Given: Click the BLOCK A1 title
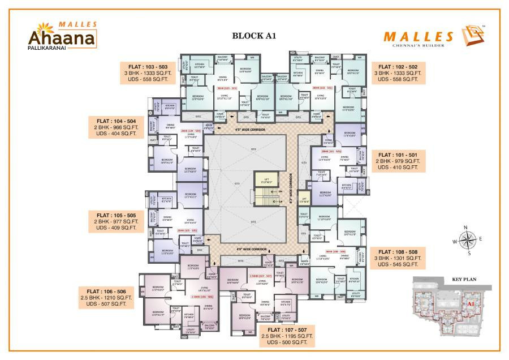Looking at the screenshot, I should point(253,35).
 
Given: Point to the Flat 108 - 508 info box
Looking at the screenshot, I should point(399,257).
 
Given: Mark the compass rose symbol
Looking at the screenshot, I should point(468,240).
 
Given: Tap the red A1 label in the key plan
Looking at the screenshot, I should point(470,304).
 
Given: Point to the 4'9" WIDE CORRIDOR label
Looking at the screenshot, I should point(251,249).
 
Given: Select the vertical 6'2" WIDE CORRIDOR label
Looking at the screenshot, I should point(291,187).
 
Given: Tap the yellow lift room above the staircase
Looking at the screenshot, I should point(264,179).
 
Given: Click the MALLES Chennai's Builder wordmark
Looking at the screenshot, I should point(419,38).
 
